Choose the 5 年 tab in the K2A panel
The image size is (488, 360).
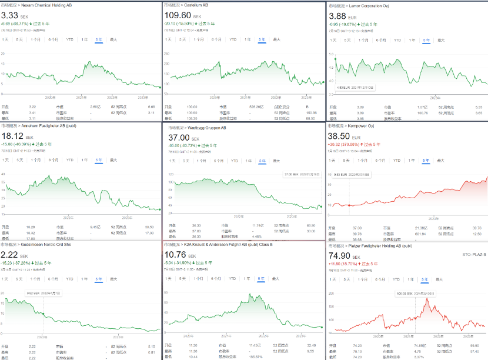click(260, 278)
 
